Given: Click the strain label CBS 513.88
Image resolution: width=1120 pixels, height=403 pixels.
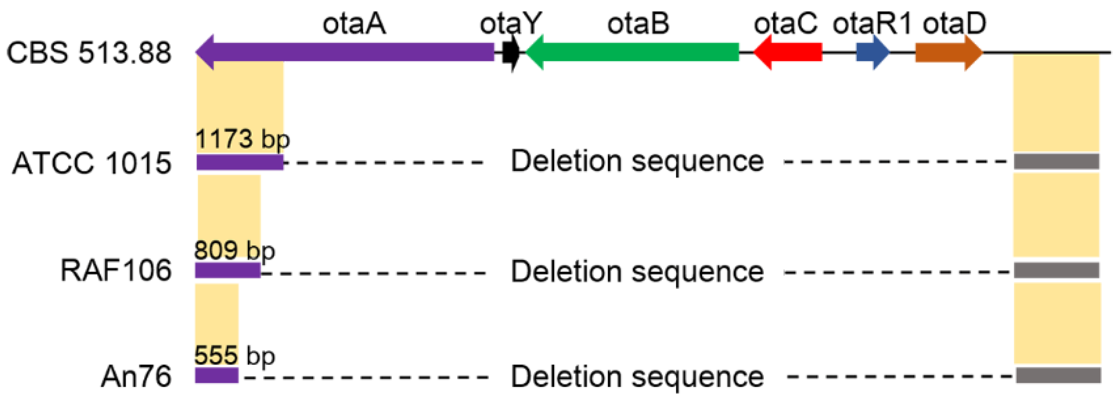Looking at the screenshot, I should [89, 53].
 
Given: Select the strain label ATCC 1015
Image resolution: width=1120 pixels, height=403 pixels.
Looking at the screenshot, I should [92, 164].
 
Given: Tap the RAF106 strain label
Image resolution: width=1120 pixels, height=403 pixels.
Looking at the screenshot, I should [116, 270].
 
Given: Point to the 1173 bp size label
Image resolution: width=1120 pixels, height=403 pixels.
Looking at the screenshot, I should [242, 139].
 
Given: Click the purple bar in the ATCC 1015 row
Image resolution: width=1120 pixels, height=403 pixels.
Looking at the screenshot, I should [240, 162].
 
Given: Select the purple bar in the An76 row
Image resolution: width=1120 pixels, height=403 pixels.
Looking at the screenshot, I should [216, 375].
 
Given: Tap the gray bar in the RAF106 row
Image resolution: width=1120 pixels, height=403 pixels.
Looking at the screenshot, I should [1057, 270].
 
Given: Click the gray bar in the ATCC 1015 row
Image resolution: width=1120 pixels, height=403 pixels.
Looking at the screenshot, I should [1057, 162].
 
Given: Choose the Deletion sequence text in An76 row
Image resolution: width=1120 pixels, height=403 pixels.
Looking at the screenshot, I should [637, 376].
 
